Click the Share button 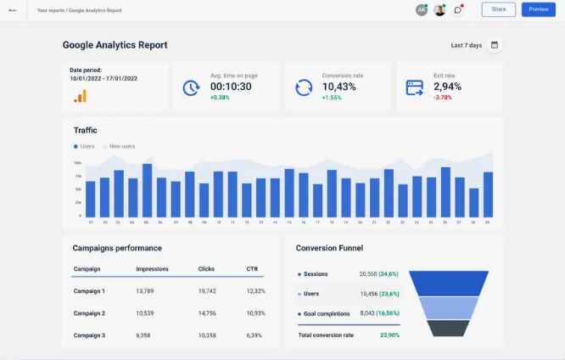(x=498, y=9)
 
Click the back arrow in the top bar (x=12, y=10)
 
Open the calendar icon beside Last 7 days (x=495, y=45)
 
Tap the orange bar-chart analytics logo (x=80, y=96)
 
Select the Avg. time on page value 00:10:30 (x=231, y=87)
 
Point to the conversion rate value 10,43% (x=339, y=87)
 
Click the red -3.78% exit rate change (x=442, y=98)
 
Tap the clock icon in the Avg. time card (x=191, y=87)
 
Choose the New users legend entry (x=121, y=146)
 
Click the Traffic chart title (x=85, y=130)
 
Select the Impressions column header (x=152, y=269)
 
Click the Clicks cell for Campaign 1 (x=207, y=291)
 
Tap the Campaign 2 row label (x=89, y=313)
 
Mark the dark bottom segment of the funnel (x=448, y=328)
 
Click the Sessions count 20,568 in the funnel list (x=368, y=274)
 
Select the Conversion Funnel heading (x=329, y=248)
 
